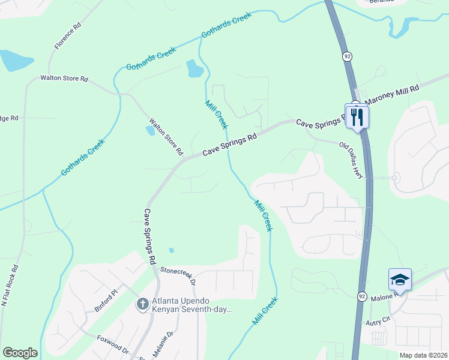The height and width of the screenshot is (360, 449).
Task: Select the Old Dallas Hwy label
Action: [x=352, y=160]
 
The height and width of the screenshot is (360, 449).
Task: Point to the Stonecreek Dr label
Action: [x=178, y=275]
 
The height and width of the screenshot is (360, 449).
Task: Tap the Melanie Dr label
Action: [x=163, y=344]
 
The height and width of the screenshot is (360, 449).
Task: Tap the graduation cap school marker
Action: [x=400, y=279]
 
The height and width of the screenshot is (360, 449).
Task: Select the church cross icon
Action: [x=143, y=304]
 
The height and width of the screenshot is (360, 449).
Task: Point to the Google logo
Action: [x=20, y=353]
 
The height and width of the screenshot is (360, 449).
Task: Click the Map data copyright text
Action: [x=423, y=355]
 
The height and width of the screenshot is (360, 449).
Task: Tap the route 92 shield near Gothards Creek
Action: [x=348, y=56]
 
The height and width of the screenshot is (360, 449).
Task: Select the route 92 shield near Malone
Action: [x=362, y=296]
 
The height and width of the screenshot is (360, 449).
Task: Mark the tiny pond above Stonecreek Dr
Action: [x=172, y=250]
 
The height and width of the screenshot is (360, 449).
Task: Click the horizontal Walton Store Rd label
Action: [x=64, y=79]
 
